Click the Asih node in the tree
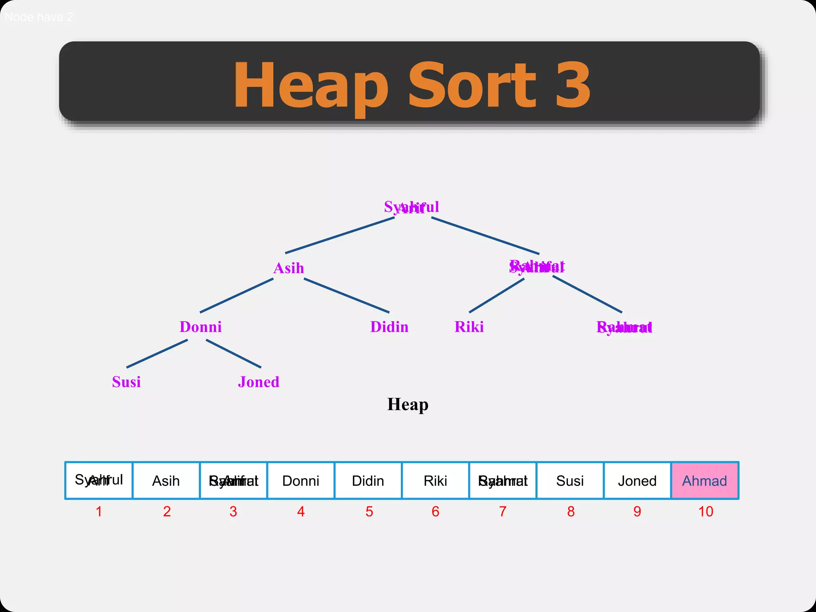pyautogui.click(x=288, y=268)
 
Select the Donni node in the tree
pyautogui.click(x=200, y=327)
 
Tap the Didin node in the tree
pyautogui.click(x=389, y=327)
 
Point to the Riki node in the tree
pyautogui.click(x=469, y=327)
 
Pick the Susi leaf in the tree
pyautogui.click(x=126, y=382)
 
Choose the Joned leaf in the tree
pyautogui.click(x=259, y=382)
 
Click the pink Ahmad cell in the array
pyautogui.click(x=704, y=481)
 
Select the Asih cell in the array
pyautogui.click(x=166, y=481)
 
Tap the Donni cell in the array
pyautogui.click(x=301, y=481)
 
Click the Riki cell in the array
pyautogui.click(x=435, y=481)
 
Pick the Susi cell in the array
pyautogui.click(x=570, y=481)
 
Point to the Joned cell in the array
pyautogui.click(x=637, y=481)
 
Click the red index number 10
pyautogui.click(x=706, y=512)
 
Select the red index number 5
pyautogui.click(x=369, y=512)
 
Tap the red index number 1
pyautogui.click(x=99, y=512)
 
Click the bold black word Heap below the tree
pyautogui.click(x=408, y=404)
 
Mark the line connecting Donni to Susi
pyautogui.click(x=157, y=353)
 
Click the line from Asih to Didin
pyautogui.click(x=346, y=295)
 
